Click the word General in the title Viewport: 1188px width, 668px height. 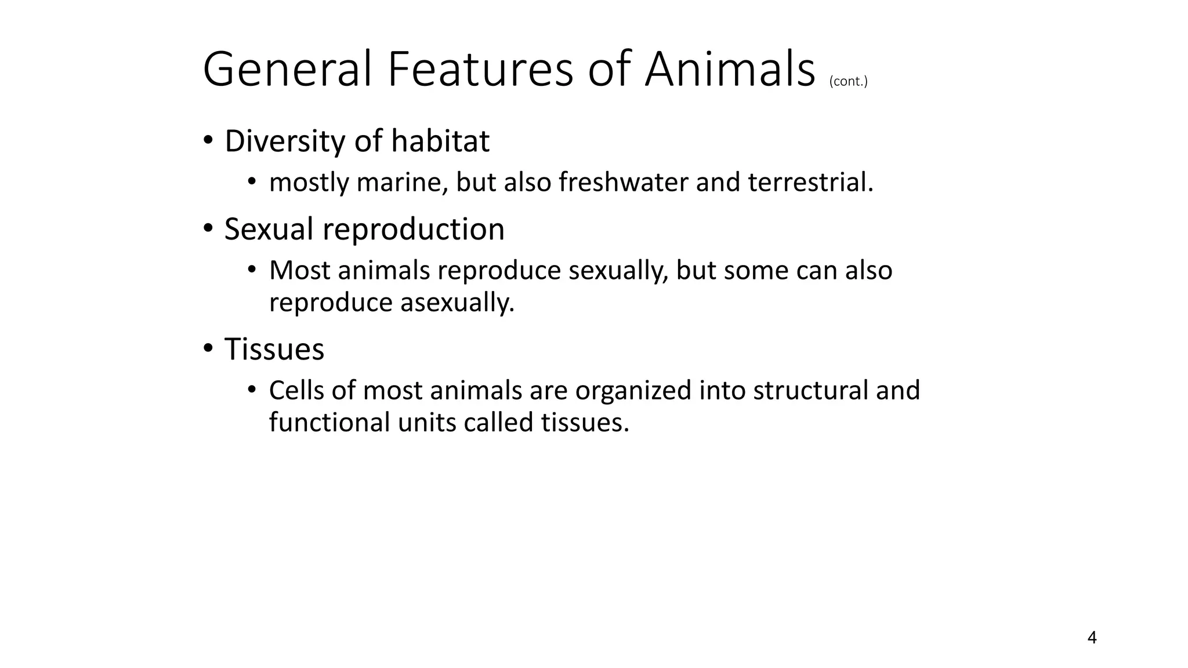[287, 70]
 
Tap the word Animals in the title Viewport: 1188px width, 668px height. [730, 70]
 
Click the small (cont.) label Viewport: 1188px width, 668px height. [848, 81]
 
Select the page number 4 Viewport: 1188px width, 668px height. [1092, 638]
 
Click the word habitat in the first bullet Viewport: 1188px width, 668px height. [440, 141]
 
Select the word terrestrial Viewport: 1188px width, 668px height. [810, 183]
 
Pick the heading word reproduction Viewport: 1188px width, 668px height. [414, 230]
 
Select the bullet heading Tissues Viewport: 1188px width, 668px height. [274, 349]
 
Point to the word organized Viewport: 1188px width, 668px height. [633, 391]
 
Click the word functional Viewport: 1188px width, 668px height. [329, 422]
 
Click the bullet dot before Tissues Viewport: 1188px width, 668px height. [208, 349]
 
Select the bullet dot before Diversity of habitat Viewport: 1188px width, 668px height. [208, 141]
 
